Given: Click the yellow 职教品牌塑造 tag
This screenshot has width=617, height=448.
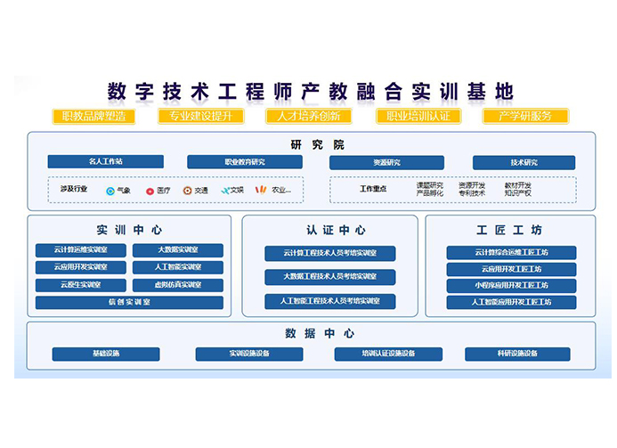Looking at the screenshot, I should pyautogui.click(x=93, y=116).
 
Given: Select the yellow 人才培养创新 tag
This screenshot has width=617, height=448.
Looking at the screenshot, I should pyautogui.click(x=308, y=116).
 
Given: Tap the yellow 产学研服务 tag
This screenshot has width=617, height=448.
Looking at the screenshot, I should pyautogui.click(x=524, y=116).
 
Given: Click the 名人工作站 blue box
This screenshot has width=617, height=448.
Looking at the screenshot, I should pyautogui.click(x=106, y=162).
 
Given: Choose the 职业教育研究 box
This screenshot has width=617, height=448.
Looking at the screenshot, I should pyautogui.click(x=245, y=162).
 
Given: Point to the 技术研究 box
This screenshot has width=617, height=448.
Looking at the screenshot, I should pyautogui.click(x=524, y=163).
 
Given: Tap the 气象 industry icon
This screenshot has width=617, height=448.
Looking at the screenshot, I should pyautogui.click(x=110, y=190).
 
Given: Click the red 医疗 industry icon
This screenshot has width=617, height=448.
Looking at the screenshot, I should pyautogui.click(x=150, y=190).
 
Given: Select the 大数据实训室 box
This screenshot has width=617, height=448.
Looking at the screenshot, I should pyautogui.click(x=178, y=250).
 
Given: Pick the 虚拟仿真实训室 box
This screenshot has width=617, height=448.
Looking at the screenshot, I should pyautogui.click(x=178, y=285).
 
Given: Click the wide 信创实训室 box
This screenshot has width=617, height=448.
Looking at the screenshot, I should pyautogui.click(x=129, y=303).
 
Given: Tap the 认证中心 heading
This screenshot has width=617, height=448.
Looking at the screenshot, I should pyautogui.click(x=329, y=230).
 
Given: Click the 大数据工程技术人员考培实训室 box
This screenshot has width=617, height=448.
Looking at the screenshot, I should pyautogui.click(x=329, y=277).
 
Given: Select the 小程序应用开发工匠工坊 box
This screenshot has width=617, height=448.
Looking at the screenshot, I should pyautogui.click(x=511, y=286).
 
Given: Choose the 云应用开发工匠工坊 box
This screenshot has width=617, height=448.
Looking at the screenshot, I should pyautogui.click(x=511, y=269).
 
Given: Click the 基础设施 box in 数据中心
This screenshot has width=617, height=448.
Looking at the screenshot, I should pyautogui.click(x=106, y=354).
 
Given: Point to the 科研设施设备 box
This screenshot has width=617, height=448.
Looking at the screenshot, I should pyautogui.click(x=517, y=354).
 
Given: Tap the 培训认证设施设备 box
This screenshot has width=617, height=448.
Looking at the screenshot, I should pyautogui.click(x=387, y=354).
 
